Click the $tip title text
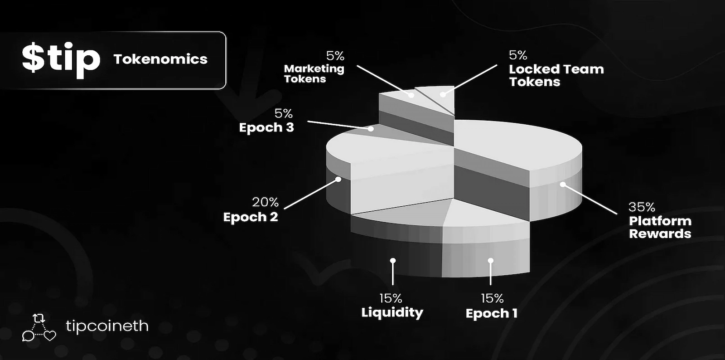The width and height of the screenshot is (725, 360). coord(61,58)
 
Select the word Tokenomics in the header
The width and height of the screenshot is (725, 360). coord(160,59)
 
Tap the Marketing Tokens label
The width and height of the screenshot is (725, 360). coord(314,74)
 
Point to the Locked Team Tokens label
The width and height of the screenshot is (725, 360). coord(556,75)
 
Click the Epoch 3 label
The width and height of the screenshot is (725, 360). coord(266,128)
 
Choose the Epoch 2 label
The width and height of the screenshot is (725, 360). coord(250,217)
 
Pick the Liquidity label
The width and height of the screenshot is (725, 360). coord(392,312)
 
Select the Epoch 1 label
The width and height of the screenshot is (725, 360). coord(492,313)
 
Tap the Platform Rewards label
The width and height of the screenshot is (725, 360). coord(660,228)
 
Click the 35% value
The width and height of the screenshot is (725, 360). coord(642,207)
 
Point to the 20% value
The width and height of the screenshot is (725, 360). coord(265,202)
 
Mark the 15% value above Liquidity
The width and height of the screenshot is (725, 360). coord(391,298)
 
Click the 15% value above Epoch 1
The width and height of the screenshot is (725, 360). coord(492,298)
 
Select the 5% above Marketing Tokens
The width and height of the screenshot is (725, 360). coord(335,56)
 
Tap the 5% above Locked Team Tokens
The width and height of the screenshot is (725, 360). coord(518,55)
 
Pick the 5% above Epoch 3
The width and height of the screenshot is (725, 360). coord(284,113)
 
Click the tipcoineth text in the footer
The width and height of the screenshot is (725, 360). coord(107,326)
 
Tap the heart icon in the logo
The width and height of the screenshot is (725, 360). coord(49,336)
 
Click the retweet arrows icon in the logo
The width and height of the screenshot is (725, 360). coord(39,318)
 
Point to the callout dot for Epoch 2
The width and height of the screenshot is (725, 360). coord(338,179)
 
